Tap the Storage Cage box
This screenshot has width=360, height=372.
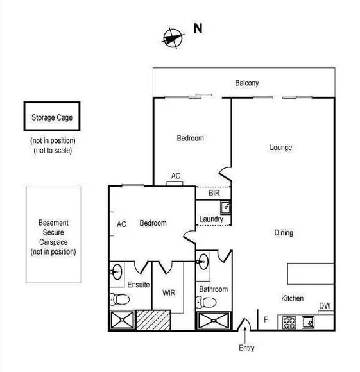(52, 117)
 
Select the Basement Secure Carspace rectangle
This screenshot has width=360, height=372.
(54, 234)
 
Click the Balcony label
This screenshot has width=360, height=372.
(247, 83)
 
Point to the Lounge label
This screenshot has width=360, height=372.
(280, 148)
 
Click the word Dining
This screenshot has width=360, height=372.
(284, 233)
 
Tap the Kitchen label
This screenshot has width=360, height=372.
(292, 299)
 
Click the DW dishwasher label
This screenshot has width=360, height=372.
(325, 306)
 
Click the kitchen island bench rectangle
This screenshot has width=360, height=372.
(311, 273)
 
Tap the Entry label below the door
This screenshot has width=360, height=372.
(246, 348)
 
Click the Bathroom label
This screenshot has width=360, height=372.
(213, 289)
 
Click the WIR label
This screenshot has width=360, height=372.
(169, 293)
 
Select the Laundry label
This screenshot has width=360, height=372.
(211, 219)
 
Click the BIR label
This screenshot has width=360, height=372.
(214, 192)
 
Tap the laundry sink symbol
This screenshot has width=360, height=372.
(225, 207)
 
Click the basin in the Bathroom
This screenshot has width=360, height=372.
(203, 260)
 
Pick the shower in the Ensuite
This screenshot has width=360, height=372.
(121, 320)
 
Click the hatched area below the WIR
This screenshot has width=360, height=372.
(153, 320)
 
